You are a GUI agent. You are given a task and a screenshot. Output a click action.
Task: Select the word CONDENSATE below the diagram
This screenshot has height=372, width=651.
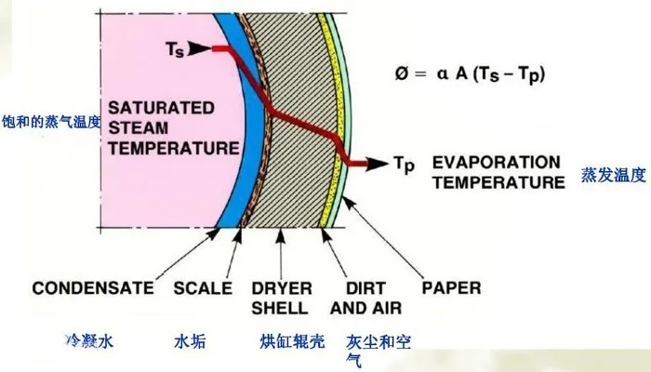93,288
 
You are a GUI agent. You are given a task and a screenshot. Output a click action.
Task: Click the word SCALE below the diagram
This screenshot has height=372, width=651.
203,288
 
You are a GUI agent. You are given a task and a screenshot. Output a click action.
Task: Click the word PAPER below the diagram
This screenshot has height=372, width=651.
451,288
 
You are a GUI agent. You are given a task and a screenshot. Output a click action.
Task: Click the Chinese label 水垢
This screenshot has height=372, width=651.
189,341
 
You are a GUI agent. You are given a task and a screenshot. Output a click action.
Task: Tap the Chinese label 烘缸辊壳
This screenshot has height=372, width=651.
292,341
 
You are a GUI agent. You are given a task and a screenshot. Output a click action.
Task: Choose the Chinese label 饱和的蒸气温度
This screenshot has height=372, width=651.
50,119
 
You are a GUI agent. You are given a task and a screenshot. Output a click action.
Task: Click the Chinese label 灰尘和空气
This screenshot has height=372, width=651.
377,348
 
